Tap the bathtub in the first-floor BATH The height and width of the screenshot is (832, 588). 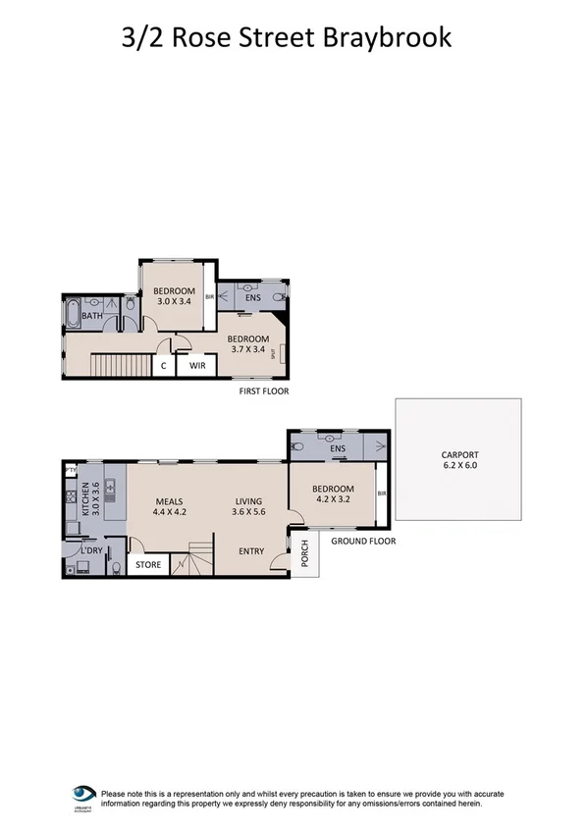(72, 314)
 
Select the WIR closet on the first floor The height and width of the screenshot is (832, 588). (196, 365)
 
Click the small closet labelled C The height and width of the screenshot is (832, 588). (163, 365)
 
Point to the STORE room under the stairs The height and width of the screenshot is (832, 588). (147, 564)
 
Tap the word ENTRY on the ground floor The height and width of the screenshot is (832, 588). (252, 550)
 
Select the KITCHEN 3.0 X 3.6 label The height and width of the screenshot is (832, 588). (90, 500)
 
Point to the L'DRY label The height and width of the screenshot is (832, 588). (91, 549)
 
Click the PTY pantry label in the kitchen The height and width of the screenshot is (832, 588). (71, 471)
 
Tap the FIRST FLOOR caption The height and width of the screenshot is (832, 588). (264, 391)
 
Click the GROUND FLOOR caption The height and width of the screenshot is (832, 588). (363, 541)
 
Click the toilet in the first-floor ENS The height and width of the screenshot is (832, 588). (280, 296)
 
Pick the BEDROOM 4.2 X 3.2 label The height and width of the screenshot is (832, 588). (333, 494)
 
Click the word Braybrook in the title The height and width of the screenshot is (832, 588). (391, 37)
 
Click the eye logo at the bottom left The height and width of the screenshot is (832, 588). (83, 793)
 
